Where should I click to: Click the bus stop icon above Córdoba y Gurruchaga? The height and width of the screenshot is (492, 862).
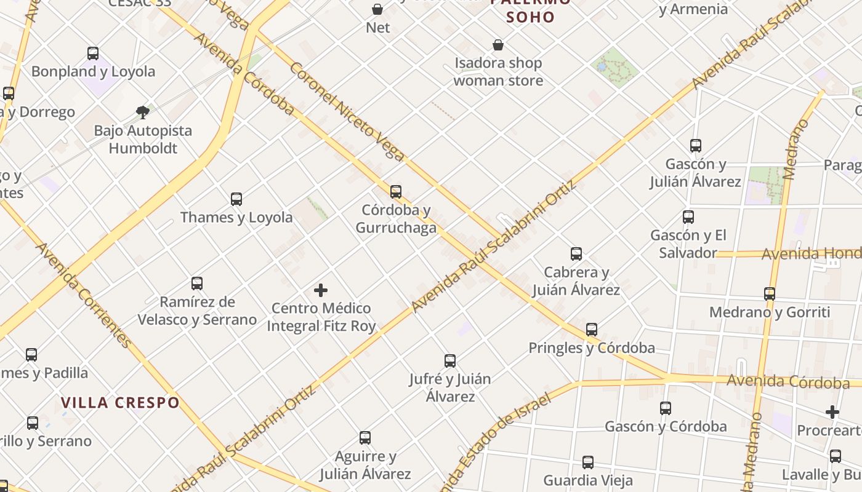click(x=396, y=192)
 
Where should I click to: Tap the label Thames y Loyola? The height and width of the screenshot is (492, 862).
click(x=236, y=217)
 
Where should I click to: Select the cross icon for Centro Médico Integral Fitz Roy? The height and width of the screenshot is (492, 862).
click(x=321, y=290)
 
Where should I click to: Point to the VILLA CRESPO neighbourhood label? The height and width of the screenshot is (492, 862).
click(x=120, y=403)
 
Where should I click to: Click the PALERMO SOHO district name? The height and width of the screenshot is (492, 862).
click(x=531, y=10)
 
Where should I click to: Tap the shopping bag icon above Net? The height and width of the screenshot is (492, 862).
click(x=377, y=9)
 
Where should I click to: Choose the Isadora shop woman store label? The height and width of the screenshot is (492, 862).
click(x=498, y=71)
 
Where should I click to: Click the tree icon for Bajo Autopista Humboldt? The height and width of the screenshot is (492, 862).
click(x=143, y=113)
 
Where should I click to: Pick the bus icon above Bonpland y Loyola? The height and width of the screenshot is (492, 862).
click(x=93, y=54)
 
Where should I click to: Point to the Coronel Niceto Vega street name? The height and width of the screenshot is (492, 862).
click(x=346, y=111)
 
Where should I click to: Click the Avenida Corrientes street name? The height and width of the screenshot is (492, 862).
click(x=83, y=295)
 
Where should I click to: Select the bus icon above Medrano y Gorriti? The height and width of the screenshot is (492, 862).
click(x=770, y=294)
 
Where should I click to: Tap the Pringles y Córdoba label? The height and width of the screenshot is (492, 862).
click(x=592, y=348)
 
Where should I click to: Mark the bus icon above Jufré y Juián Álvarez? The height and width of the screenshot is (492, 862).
click(x=450, y=361)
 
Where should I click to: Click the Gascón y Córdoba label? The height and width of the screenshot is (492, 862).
click(x=666, y=426)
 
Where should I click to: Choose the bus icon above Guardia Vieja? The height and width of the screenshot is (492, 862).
click(x=588, y=462)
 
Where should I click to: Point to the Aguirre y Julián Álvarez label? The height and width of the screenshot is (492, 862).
click(x=365, y=465)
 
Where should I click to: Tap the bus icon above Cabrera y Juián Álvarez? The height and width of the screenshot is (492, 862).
click(x=576, y=254)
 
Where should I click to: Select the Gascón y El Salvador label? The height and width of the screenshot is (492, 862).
click(x=688, y=244)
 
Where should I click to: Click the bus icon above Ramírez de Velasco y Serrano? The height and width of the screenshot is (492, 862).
click(x=197, y=284)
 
